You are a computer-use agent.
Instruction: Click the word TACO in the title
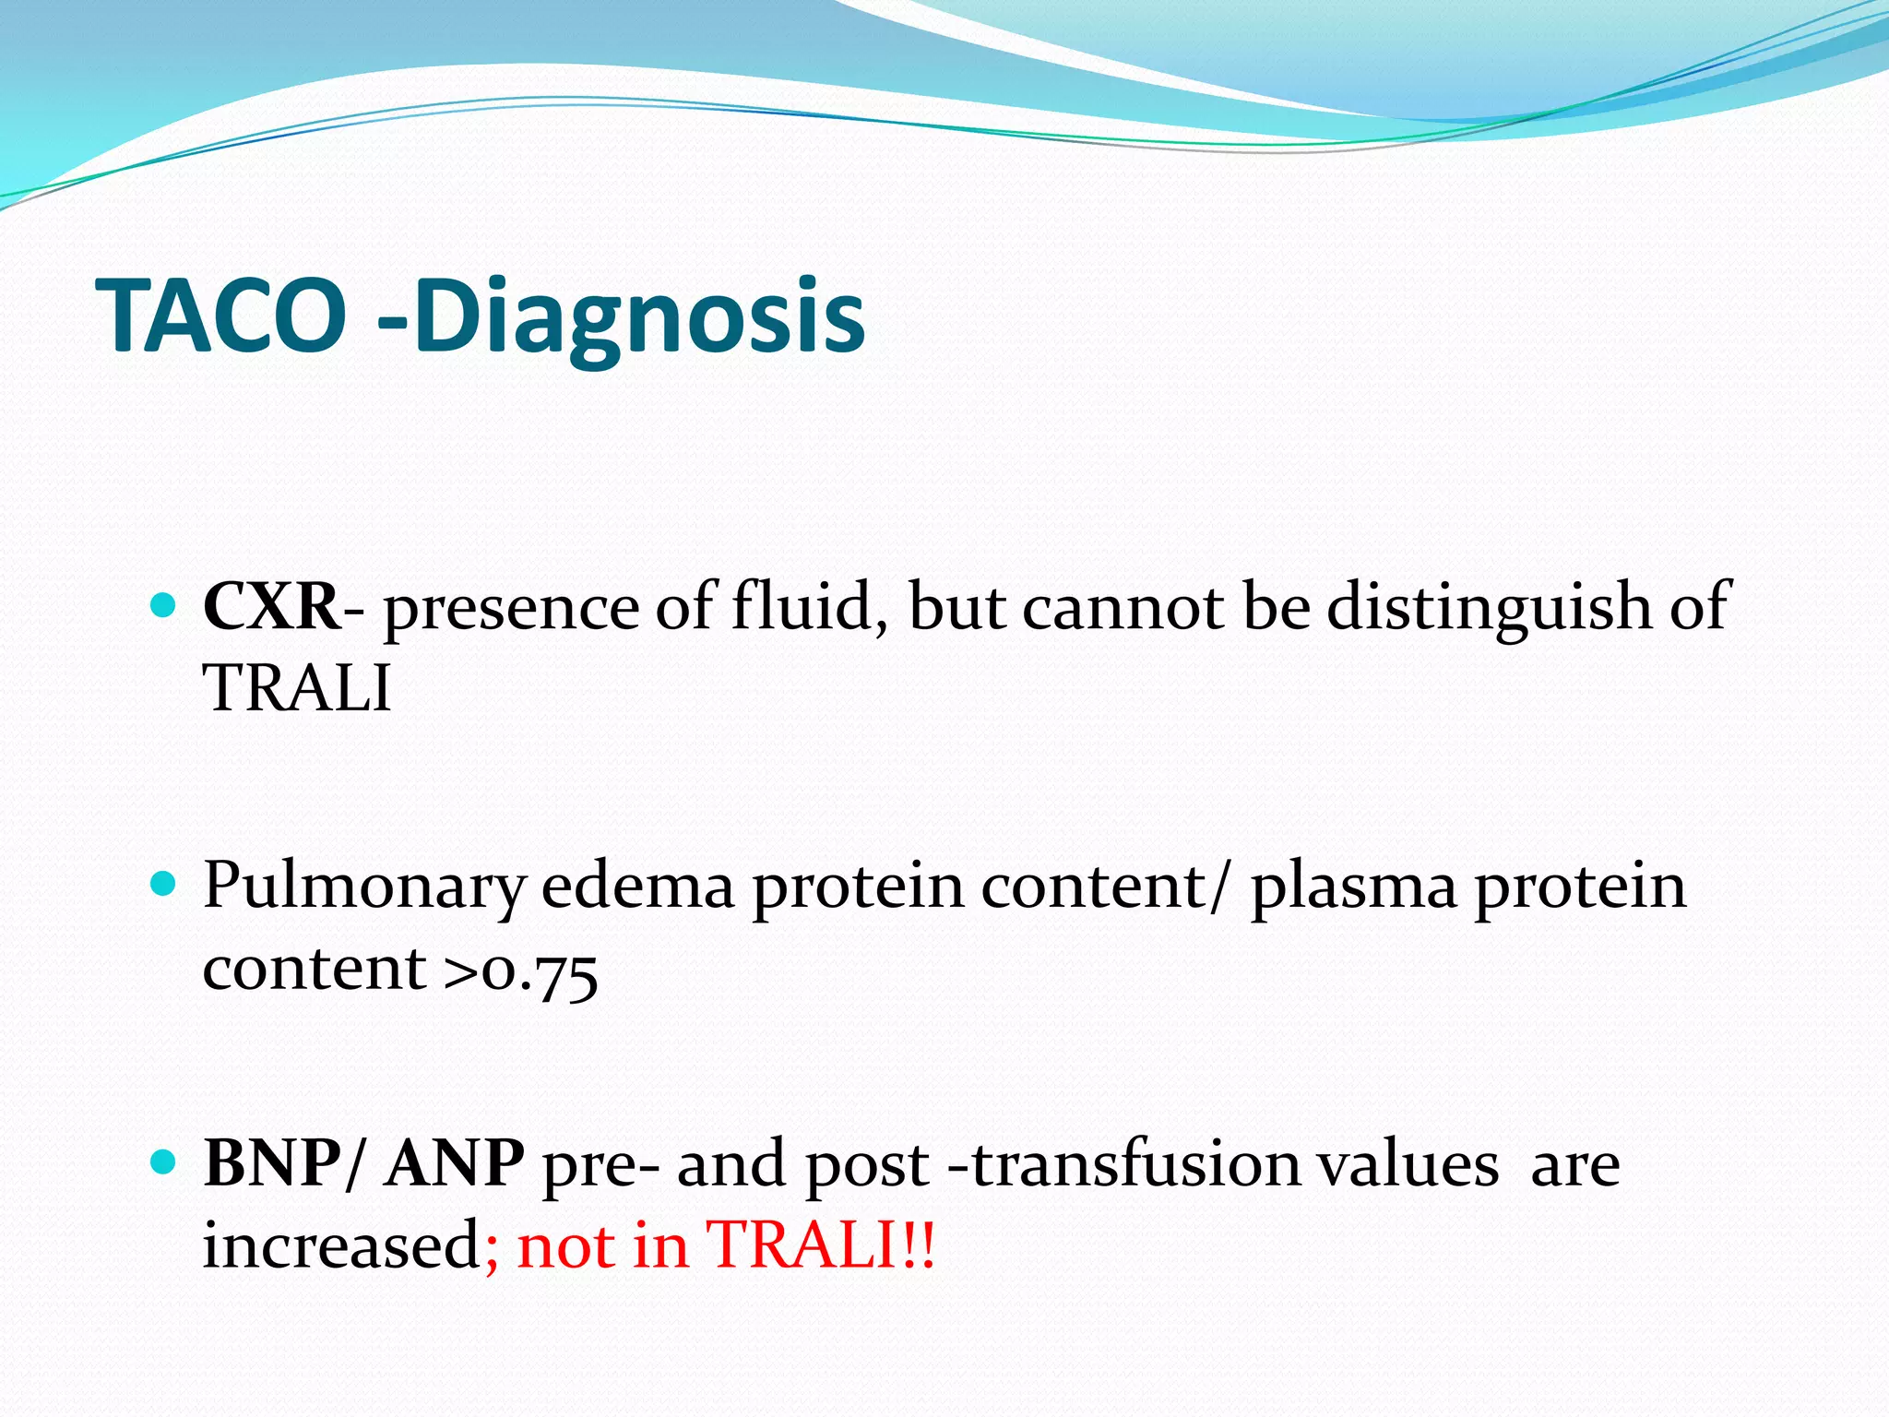click(x=221, y=316)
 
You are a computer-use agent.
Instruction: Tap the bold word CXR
click(x=271, y=607)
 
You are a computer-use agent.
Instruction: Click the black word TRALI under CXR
click(x=297, y=688)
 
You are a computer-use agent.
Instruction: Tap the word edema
click(x=637, y=886)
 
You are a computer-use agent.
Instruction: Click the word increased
click(x=339, y=1245)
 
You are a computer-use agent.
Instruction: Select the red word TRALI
click(x=802, y=1245)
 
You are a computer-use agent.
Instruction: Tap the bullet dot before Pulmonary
click(x=162, y=885)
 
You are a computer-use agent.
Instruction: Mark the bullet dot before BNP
click(x=162, y=1161)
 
